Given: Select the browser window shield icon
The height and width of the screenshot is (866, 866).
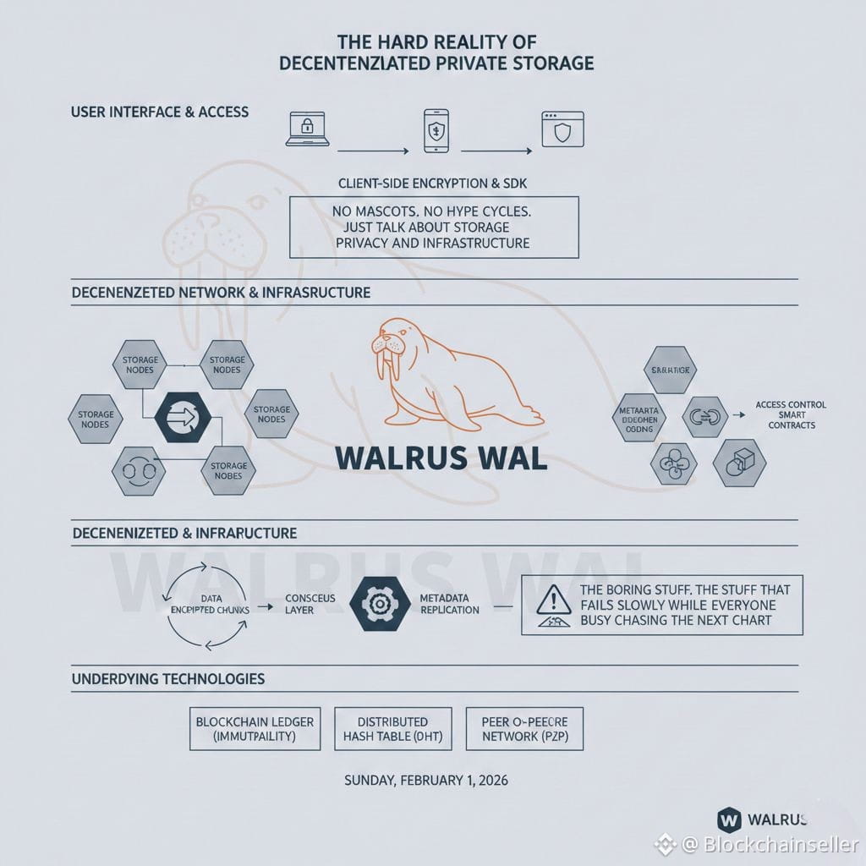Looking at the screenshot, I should pos(563,129).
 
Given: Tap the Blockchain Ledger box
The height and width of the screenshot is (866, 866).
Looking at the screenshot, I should pos(255,729).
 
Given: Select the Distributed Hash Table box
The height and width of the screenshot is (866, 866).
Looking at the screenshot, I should pos(392,729).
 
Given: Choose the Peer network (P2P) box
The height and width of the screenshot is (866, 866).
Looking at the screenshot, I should pos(523,729).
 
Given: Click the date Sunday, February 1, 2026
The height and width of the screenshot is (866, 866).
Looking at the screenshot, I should pos(426,781).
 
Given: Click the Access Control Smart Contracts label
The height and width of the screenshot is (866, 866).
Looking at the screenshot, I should pos(791,414).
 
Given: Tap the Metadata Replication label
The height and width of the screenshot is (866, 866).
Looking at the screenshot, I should pos(449,604).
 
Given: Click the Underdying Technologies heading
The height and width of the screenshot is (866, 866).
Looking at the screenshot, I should pos(168,679).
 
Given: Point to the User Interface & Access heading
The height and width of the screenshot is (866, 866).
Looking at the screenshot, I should pos(160,112).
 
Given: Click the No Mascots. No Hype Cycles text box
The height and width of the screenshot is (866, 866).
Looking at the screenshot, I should pos(434,227).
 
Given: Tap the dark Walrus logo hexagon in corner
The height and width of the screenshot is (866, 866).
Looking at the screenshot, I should pos(728,819).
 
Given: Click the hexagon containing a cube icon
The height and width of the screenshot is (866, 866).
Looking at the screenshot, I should pos(739,461).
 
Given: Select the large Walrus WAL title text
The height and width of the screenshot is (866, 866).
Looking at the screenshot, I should pos(441,457).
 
